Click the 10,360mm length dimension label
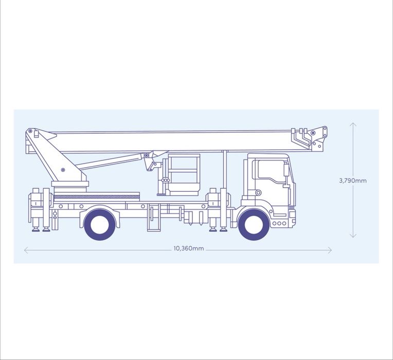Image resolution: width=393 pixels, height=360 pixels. (x=189, y=248)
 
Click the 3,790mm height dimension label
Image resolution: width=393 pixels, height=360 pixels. (x=353, y=181)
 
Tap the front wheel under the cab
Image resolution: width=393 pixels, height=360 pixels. (x=254, y=225)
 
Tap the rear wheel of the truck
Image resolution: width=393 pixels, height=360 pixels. (x=100, y=225)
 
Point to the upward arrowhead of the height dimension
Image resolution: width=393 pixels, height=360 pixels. (x=353, y=124)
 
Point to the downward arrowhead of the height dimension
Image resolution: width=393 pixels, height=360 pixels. (x=353, y=236)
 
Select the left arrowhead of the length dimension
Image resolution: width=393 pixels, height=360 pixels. (x=26, y=250)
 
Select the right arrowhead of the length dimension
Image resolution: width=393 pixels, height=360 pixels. (x=330, y=250)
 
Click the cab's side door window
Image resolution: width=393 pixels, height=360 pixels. (x=272, y=170)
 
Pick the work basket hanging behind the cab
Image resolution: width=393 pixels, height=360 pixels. (x=184, y=175)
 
